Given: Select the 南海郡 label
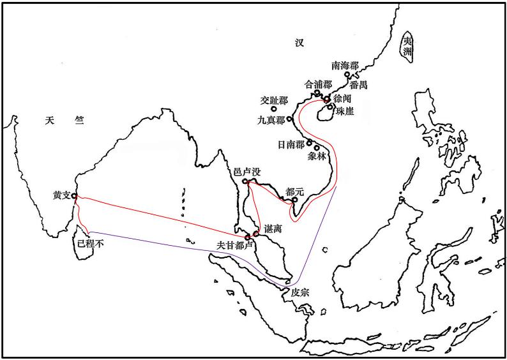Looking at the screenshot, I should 345,65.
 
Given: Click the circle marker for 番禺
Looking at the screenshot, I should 348,75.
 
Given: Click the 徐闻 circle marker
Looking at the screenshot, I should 326,100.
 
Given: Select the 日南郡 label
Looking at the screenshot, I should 291,144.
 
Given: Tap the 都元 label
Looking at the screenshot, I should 295,191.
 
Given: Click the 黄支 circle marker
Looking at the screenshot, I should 74,196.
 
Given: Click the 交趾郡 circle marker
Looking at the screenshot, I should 273,110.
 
